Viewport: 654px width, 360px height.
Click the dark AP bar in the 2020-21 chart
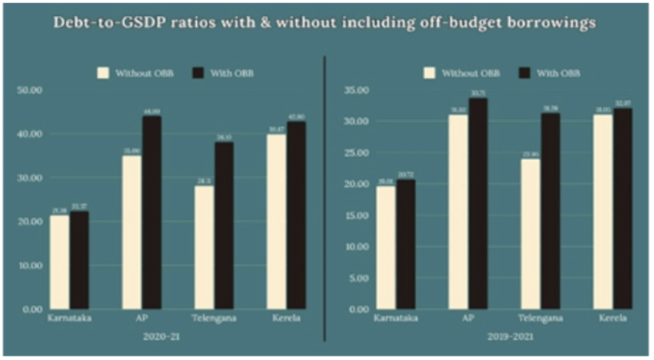coord(152,212)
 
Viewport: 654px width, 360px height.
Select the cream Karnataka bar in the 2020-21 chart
coord(60,262)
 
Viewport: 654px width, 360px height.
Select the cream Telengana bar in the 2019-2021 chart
coord(531,234)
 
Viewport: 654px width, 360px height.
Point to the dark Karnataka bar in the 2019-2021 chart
coord(406,245)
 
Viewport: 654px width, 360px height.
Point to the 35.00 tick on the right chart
coord(356,90)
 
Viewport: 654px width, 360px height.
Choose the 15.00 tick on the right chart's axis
coord(356,215)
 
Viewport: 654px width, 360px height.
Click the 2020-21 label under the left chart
coord(162,337)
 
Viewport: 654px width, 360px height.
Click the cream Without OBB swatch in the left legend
coord(104,73)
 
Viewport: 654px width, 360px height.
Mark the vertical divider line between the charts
coord(325,196)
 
